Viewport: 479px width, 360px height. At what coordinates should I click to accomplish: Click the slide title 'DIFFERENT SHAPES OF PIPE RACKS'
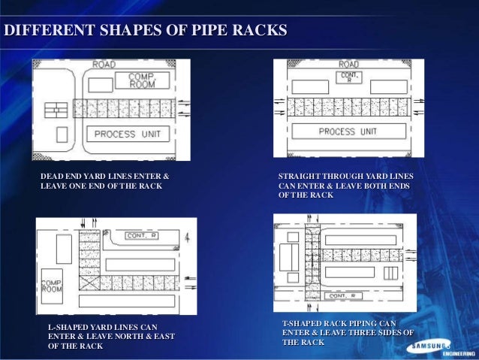[x=146, y=31]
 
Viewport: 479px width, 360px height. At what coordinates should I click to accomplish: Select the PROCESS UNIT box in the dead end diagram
[x=127, y=135]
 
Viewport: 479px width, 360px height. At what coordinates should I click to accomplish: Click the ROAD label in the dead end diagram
[x=104, y=65]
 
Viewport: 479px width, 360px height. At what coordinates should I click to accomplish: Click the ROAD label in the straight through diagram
[x=350, y=65]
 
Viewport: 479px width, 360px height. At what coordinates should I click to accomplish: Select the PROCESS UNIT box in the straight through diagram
[x=348, y=132]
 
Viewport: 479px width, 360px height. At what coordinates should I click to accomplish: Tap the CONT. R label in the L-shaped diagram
[x=141, y=235]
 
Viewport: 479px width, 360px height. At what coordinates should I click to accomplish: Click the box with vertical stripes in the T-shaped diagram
[x=391, y=272]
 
